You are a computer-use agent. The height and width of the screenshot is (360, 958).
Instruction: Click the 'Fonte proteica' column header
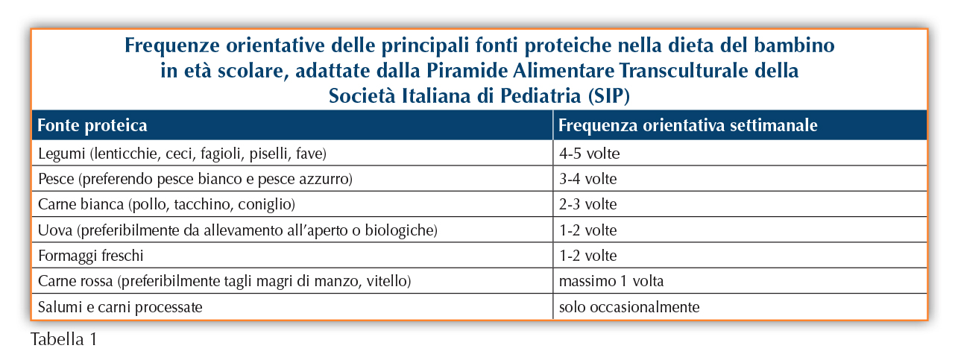[92, 125]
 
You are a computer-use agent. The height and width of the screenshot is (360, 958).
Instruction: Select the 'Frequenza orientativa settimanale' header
[687, 125]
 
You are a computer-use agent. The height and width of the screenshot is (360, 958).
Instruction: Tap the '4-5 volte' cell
[590, 154]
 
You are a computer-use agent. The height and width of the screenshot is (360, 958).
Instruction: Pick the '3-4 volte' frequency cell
[588, 179]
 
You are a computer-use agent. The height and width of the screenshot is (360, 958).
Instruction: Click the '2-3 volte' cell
[588, 204]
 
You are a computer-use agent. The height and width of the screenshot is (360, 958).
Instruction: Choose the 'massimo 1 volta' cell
[611, 281]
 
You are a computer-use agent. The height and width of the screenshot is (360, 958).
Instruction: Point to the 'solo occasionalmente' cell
[629, 307]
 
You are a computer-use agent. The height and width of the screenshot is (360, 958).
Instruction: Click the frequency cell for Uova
[588, 230]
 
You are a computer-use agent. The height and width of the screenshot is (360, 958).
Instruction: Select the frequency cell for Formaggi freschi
[588, 256]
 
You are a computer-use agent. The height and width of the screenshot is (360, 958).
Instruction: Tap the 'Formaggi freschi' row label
[91, 256]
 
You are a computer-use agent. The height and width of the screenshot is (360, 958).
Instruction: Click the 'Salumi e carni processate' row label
[120, 307]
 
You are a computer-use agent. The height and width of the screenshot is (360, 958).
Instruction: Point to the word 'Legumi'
[62, 154]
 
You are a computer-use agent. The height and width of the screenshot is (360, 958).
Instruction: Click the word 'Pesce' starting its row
[56, 179]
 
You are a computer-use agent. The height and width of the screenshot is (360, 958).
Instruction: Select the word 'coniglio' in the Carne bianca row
[266, 204]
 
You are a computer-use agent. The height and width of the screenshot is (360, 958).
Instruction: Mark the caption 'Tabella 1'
[63, 339]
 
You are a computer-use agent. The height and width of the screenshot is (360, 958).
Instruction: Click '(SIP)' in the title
[608, 95]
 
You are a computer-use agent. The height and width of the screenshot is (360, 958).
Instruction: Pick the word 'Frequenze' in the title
[172, 45]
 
